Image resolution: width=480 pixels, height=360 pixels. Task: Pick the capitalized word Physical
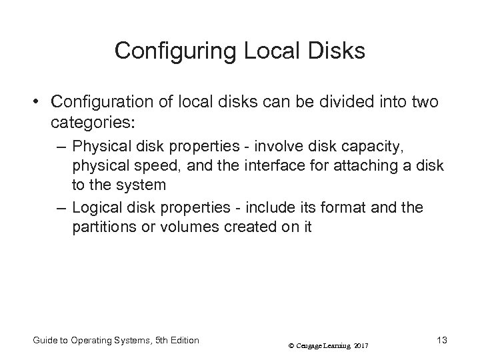pos(99,145)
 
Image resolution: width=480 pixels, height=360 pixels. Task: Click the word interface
pos(257,165)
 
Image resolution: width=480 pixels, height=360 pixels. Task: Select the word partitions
pos(103,227)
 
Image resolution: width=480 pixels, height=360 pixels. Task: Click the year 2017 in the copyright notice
pos(361,345)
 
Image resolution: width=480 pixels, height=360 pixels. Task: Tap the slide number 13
pos(441,341)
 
